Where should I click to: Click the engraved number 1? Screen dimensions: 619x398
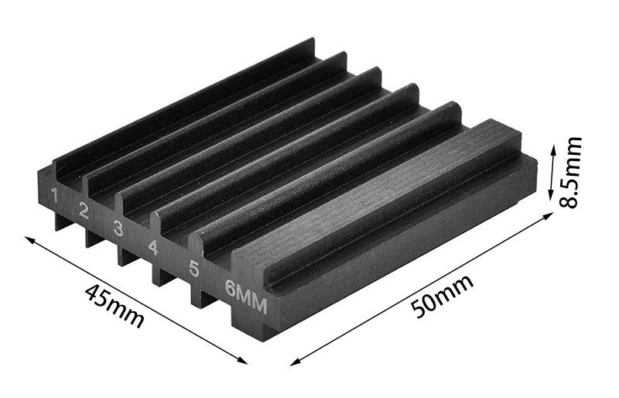pos(54,195)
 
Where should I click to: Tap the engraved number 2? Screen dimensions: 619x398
pos(84,211)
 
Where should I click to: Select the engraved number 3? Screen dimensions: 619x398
pos(118,228)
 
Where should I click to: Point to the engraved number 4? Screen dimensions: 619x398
pos(153,247)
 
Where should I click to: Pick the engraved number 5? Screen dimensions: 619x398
pos(194,269)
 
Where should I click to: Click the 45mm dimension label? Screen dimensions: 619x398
pos(114,306)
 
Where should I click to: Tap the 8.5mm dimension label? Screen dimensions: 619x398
pos(571,172)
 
